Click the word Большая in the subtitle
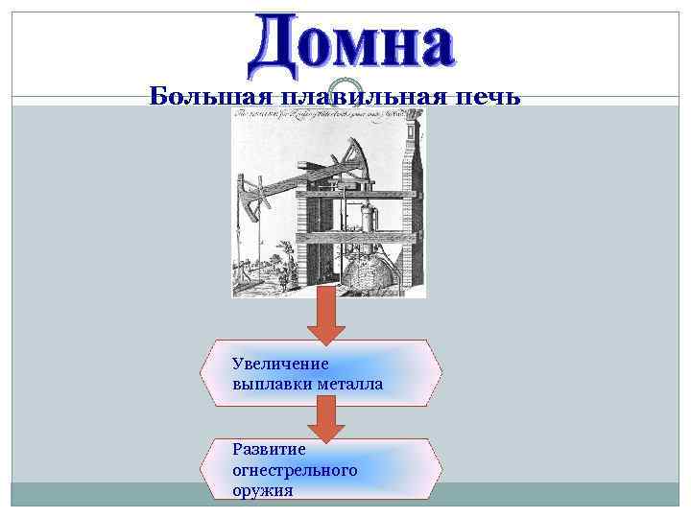[x=201, y=96]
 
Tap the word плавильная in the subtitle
[x=354, y=96]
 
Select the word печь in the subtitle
[x=489, y=96]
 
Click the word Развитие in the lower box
[x=269, y=449]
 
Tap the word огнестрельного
[x=295, y=470]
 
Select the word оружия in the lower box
[x=262, y=490]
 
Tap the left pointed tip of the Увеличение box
[x=203, y=373]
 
